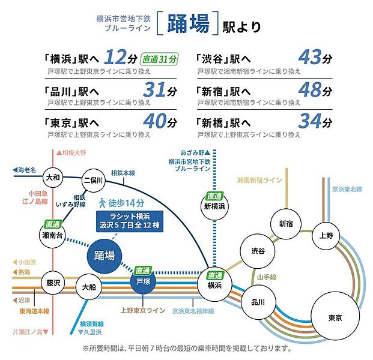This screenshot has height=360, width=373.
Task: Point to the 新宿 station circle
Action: coord(286,223)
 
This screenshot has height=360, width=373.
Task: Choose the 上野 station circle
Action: coord(326,235)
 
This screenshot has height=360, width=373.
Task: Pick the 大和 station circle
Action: coord(52,178)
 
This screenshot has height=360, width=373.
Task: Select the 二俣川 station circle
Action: coord(93,180)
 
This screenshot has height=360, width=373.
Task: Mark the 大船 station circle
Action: coord(89,287)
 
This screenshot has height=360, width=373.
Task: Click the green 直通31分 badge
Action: coord(160,59)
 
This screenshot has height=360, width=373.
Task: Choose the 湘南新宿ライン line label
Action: coord(259,180)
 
